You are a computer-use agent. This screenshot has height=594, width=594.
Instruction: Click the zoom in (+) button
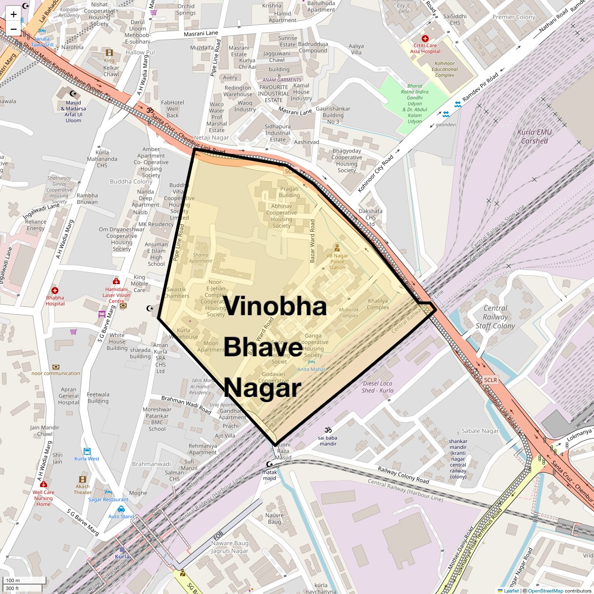pos(13,14)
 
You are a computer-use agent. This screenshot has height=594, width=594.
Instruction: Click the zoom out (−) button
pos(13,29)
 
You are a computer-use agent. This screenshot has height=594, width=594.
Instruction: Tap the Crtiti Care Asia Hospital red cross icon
pos(424,38)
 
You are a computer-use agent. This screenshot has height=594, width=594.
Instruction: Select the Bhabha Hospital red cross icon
pos(55,291)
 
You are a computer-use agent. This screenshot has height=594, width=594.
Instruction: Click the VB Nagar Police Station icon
pos(337,247)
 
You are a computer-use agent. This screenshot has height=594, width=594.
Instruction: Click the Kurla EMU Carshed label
pos(534,136)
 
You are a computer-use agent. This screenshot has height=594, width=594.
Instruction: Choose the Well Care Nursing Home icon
pos(44,484)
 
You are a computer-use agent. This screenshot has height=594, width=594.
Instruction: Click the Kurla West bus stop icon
pos(87,451)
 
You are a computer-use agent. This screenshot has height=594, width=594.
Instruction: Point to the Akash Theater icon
pos(82,479)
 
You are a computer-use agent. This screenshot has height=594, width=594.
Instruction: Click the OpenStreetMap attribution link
pos(545,591)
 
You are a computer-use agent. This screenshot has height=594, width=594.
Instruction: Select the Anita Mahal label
pos(311,369)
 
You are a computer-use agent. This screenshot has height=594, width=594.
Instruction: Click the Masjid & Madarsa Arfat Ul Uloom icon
pos(73,94)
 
